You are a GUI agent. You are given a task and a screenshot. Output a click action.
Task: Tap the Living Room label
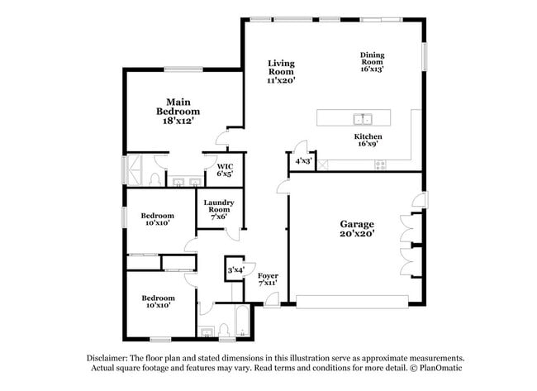pyautogui.click(x=281, y=71)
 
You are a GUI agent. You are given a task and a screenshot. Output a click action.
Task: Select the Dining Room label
pyautogui.click(x=372, y=62)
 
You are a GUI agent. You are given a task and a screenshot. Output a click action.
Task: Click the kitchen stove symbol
pyautogui.click(x=381, y=164)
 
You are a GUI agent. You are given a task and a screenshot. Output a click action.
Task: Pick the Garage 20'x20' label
pyautogui.click(x=357, y=229)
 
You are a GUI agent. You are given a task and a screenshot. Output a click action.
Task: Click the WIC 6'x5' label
pyautogui.click(x=225, y=170)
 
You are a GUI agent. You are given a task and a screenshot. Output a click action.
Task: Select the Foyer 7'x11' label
pyautogui.click(x=268, y=279)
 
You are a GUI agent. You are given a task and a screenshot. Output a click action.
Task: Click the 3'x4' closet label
pyautogui.click(x=236, y=269)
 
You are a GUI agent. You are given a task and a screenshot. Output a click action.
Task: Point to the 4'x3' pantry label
pyautogui.click(x=303, y=161)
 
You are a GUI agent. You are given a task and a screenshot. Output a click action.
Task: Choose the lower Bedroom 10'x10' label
pyautogui.click(x=157, y=302)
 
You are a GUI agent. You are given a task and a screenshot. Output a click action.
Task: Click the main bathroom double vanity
pyautogui.click(x=185, y=179)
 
